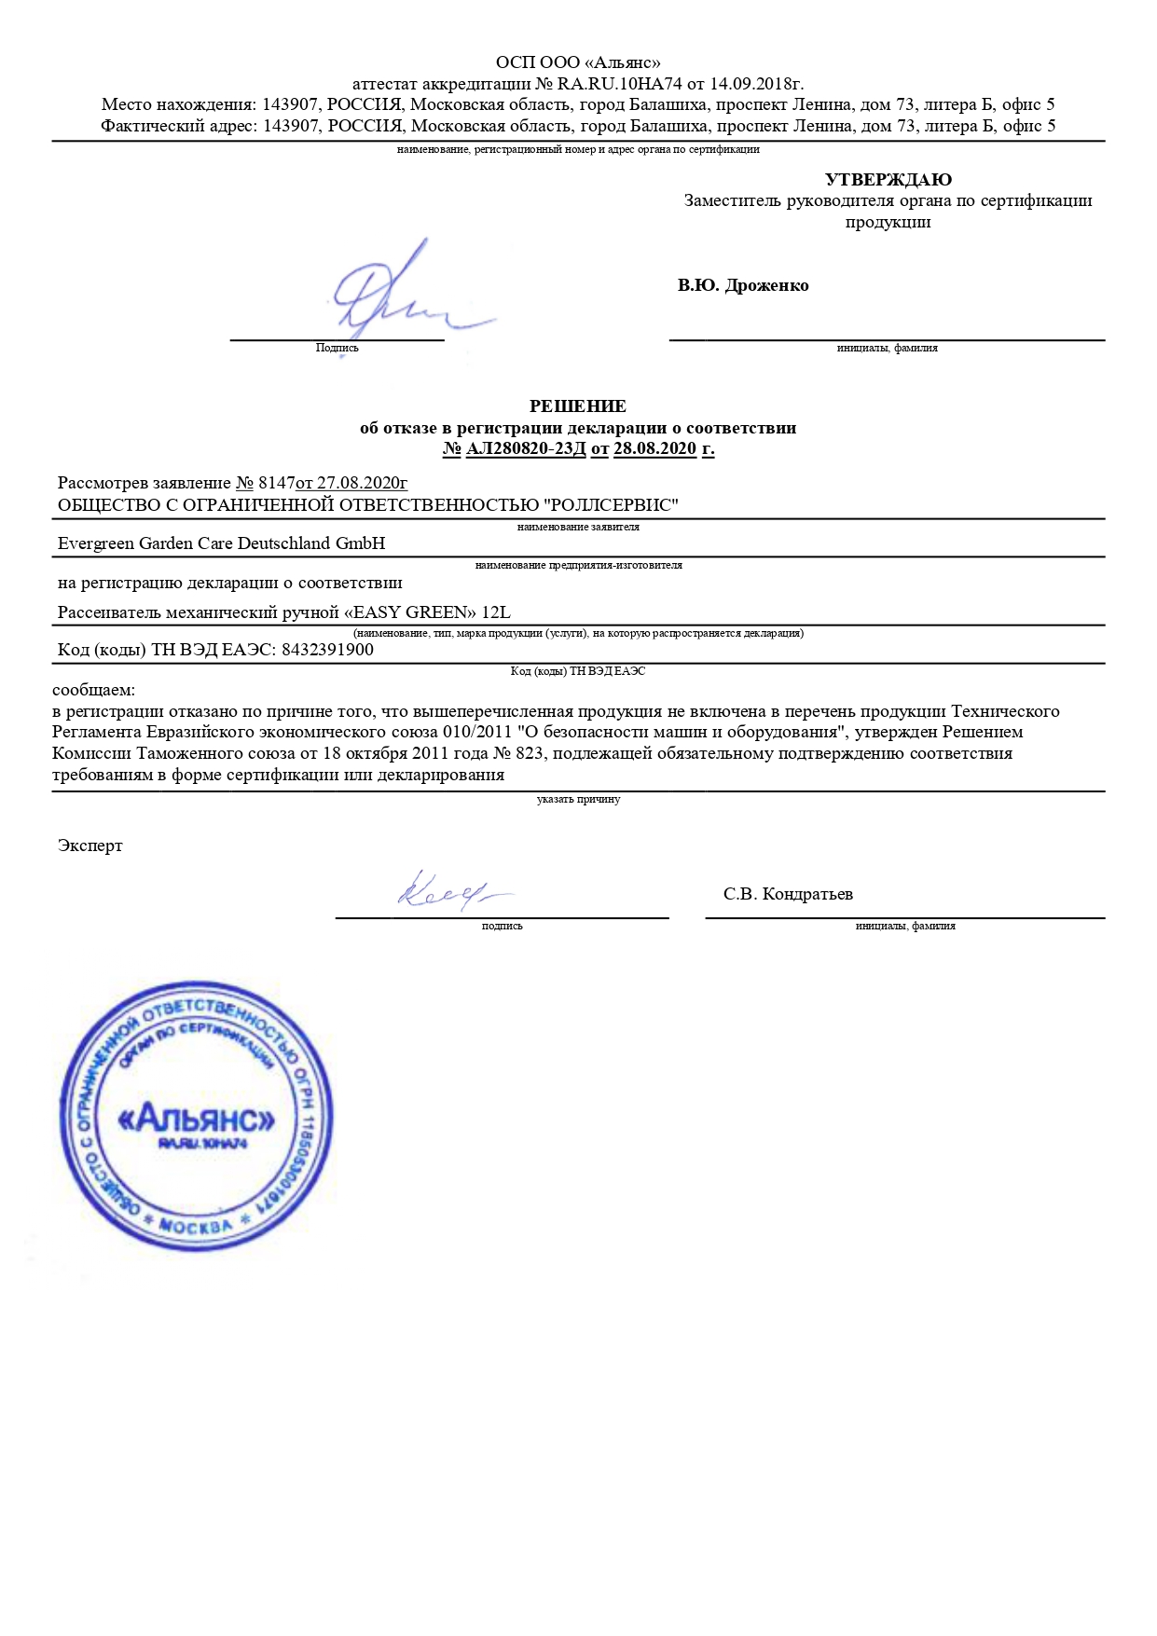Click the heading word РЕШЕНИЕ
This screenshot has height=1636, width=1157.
(x=578, y=406)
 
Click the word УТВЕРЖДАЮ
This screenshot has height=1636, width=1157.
(x=888, y=180)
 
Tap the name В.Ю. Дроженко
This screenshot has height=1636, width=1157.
(x=743, y=285)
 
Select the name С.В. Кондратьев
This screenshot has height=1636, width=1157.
(x=788, y=894)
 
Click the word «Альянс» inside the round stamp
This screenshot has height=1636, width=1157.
(x=198, y=1118)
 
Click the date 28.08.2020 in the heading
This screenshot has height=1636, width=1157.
(x=654, y=448)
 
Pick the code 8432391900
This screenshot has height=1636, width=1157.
(x=327, y=650)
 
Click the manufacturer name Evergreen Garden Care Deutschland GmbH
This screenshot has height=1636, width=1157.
(x=221, y=543)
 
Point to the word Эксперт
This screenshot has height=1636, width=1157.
(x=90, y=845)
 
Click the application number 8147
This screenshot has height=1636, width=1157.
(x=276, y=483)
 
